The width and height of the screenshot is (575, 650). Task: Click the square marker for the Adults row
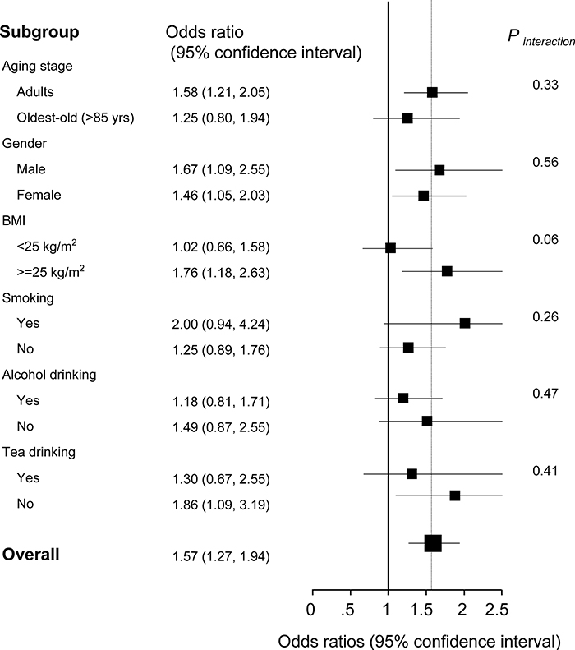tap(432, 91)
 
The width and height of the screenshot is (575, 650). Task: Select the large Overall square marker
tap(433, 542)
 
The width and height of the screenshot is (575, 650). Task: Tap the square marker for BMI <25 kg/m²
tap(390, 247)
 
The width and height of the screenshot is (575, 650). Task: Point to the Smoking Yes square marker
tap(465, 323)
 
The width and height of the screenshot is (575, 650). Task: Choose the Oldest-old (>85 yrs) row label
tap(76, 118)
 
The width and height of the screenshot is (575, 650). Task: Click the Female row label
tap(37, 196)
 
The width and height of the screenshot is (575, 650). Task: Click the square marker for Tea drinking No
tap(454, 496)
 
